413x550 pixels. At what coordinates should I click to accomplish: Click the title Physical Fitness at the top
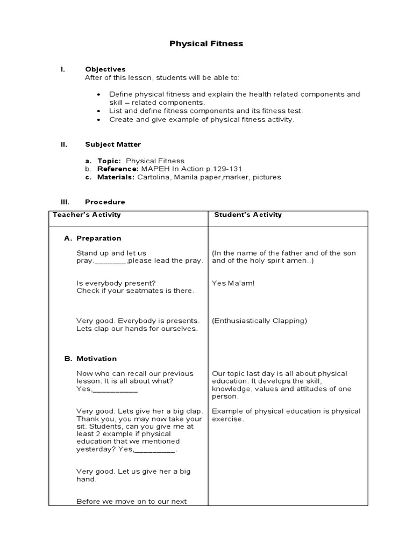tap(206, 44)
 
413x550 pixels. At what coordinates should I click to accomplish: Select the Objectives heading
tap(105, 69)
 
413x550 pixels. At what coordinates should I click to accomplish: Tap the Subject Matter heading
tap(113, 144)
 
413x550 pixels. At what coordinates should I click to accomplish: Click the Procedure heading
tap(105, 202)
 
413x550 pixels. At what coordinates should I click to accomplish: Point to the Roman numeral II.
tap(63, 144)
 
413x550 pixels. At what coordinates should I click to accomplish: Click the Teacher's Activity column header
tap(87, 215)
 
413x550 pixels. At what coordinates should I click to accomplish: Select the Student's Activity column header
tap(248, 215)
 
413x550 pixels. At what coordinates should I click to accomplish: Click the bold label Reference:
tap(118, 169)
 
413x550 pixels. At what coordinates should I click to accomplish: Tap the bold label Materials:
tap(116, 177)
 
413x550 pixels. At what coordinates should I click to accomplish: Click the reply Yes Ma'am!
tap(233, 283)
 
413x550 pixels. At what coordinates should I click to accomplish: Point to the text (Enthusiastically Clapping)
tap(259, 321)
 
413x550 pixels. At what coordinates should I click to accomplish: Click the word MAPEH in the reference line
tap(154, 169)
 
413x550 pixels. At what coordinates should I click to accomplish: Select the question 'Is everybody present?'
tap(116, 283)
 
